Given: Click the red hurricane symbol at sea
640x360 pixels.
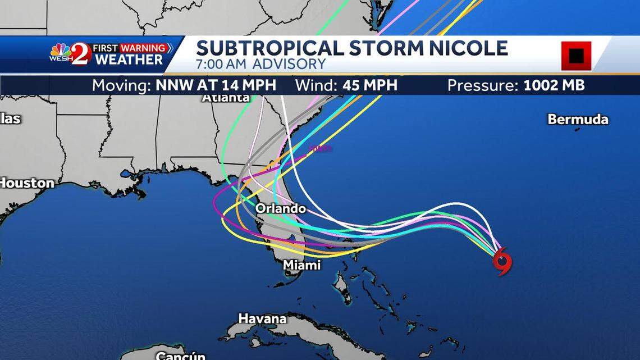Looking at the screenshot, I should (x=502, y=261).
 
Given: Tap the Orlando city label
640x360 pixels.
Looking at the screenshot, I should (x=281, y=209).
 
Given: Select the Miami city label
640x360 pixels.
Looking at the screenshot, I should (x=301, y=265).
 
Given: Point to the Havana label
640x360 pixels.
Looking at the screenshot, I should (x=262, y=318).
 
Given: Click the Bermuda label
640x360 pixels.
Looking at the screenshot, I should (x=578, y=119).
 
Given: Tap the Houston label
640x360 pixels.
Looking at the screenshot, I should (x=26, y=183).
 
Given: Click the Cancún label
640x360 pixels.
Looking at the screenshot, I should (x=180, y=355).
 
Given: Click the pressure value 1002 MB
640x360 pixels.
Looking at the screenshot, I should (x=554, y=85).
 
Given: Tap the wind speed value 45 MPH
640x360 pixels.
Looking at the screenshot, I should (x=370, y=85).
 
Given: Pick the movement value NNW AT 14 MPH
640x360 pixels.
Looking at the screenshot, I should (x=216, y=85).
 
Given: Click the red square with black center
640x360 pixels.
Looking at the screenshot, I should (x=576, y=56).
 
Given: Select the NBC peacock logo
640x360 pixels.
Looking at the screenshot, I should (x=60, y=51).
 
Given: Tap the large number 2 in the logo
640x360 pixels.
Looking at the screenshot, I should (x=80, y=54).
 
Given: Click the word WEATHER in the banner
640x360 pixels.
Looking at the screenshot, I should (x=129, y=59).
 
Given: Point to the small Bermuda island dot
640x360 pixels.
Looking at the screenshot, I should (x=577, y=129).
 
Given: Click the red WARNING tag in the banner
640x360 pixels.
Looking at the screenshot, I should (x=143, y=48).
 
